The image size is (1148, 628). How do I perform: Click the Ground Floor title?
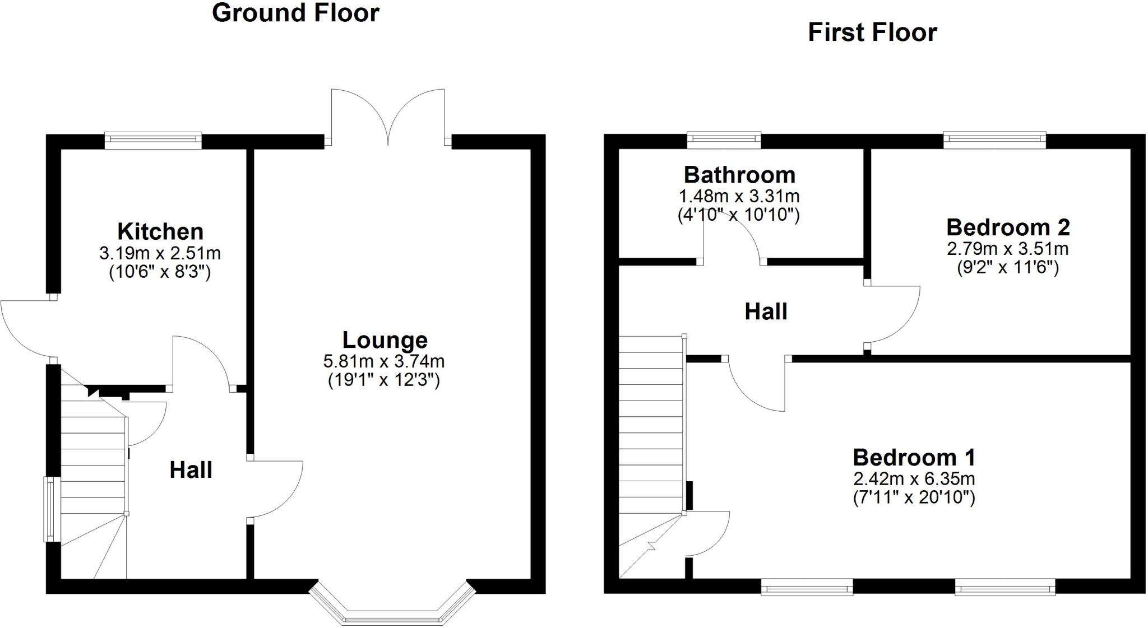click(295, 13)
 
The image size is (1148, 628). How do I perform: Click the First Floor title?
click(872, 32)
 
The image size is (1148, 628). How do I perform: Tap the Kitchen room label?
click(160, 231)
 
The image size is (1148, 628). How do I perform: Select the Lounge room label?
click(385, 340)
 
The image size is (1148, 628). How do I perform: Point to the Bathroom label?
click(739, 175)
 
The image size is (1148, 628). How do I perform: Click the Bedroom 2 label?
click(1008, 227)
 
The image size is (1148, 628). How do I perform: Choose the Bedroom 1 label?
click(914, 458)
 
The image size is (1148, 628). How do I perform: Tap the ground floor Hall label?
click(191, 470)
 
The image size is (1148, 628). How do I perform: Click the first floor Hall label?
click(766, 311)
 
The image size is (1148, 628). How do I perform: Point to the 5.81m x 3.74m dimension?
click(384, 361)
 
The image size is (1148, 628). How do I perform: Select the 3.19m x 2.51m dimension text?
click(160, 253)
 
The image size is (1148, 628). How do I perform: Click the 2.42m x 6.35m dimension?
click(914, 479)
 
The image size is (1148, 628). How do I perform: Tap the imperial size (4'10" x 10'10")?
click(739, 215)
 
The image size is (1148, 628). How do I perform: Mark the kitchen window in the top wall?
click(153, 140)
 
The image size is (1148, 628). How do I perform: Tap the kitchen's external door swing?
click(25, 328)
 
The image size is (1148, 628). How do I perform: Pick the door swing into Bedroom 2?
click(894, 314)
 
